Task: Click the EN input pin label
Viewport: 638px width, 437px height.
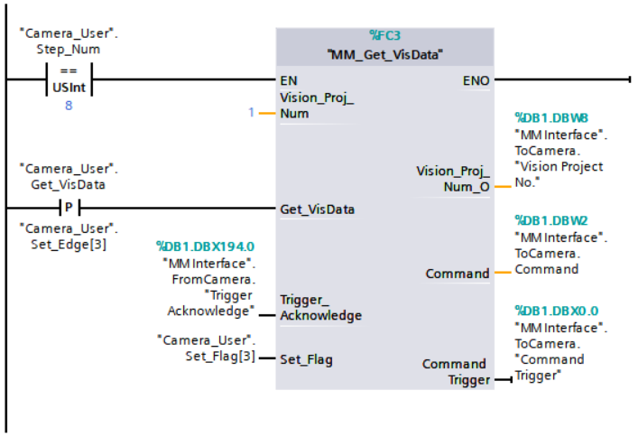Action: coord(289,80)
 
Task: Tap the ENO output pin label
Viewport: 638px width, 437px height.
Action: coord(476,80)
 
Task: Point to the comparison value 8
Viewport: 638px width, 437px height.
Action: coord(68,106)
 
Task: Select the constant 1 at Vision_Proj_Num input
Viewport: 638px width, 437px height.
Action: coord(251,113)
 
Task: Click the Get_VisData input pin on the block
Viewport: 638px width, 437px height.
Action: coord(317,209)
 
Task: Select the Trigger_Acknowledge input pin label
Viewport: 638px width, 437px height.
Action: coord(320,307)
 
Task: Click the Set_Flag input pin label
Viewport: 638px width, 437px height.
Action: coord(306,359)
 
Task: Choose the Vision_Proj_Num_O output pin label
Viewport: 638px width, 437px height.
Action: coord(452,178)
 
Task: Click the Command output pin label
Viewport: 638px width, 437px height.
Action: coord(458,273)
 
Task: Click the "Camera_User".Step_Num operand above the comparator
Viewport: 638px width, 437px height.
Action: coord(68,42)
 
